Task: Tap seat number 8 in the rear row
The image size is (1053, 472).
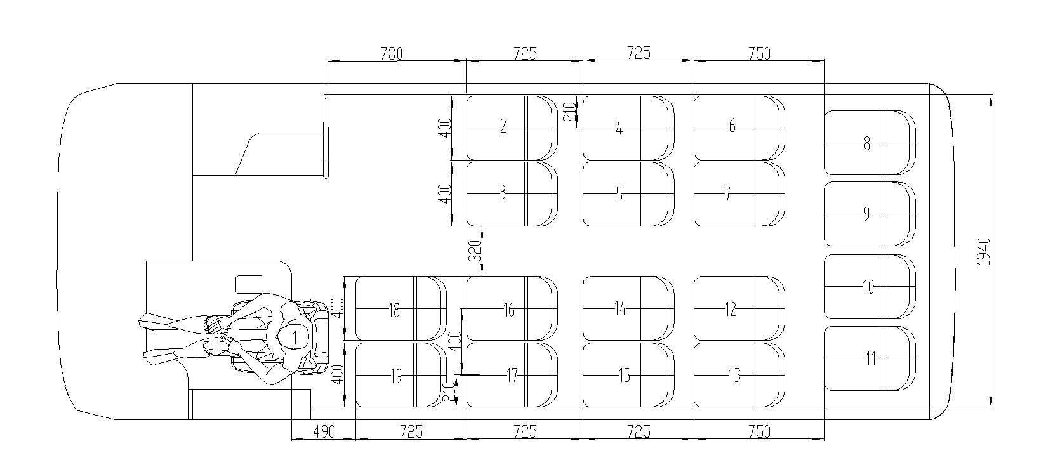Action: coord(868,143)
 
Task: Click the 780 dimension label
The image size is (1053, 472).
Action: coord(391,54)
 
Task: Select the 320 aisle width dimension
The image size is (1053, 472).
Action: coord(475,251)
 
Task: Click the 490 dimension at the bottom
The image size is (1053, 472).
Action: coord(323,431)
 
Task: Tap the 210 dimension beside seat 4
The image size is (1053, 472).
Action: coord(569,112)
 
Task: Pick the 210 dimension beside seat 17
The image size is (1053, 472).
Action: coord(449,393)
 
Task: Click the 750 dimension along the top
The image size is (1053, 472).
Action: coord(758,53)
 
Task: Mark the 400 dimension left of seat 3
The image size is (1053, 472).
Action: coord(446,193)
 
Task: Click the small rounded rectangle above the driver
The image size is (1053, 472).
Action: coord(249,284)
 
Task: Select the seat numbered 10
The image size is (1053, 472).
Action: coord(868,287)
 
